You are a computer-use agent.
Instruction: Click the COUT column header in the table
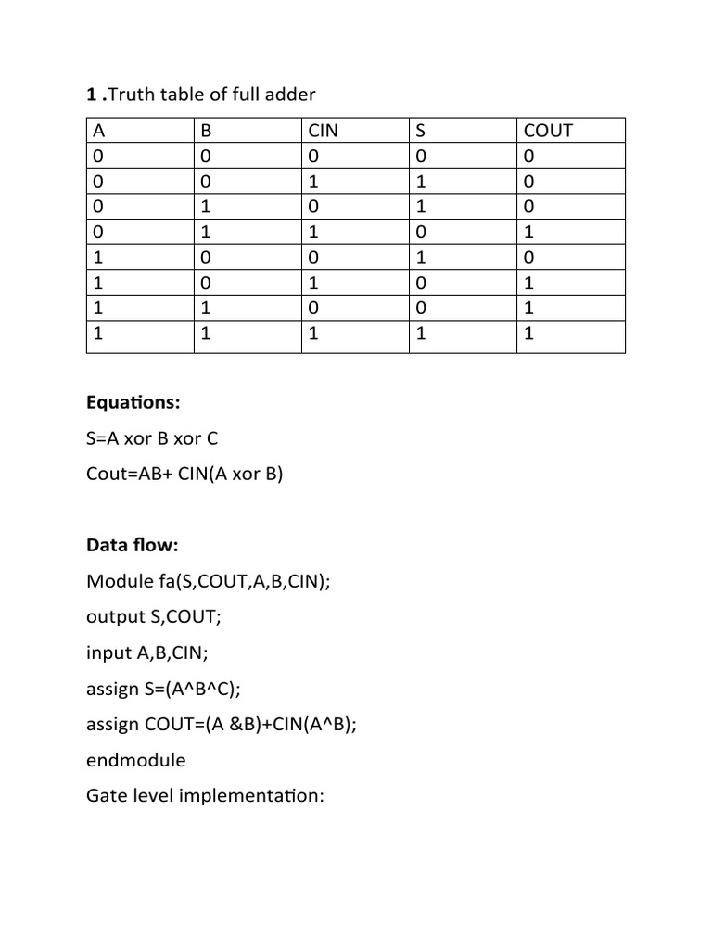coord(549,131)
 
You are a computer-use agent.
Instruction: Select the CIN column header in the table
coord(323,131)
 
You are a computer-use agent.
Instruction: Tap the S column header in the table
coord(422,131)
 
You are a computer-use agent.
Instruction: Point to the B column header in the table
coord(206,131)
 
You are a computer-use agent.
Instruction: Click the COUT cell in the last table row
coord(529,336)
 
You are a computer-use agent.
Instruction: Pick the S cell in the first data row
coord(422,157)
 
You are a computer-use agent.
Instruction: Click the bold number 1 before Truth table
coord(91,94)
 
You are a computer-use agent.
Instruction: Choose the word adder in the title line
coord(291,94)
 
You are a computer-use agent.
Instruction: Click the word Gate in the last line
coord(107,795)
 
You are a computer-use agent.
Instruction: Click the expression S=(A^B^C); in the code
coord(192,689)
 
